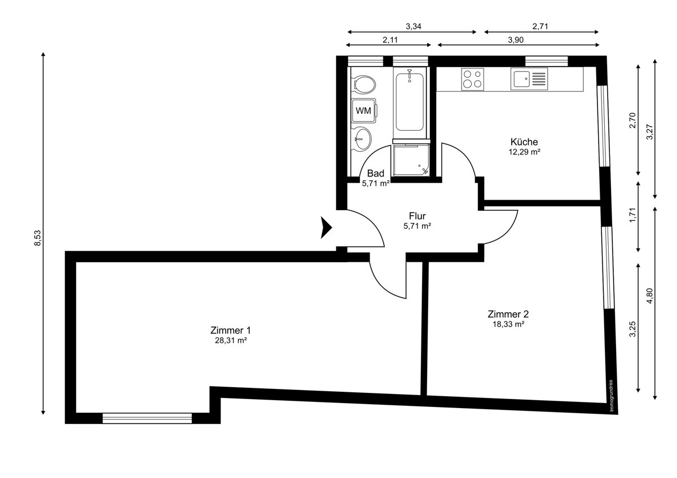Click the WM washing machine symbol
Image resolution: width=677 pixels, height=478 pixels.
coord(363,110)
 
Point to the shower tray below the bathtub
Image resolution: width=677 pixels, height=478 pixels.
coord(411,160)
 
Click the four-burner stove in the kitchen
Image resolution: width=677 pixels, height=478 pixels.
coord(472,78)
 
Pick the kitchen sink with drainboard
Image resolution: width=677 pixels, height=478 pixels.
coord(529,78)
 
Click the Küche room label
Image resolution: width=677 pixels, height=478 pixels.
coord(524,142)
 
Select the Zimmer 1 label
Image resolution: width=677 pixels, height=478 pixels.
coord(230,330)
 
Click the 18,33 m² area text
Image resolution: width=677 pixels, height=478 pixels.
coord(508,324)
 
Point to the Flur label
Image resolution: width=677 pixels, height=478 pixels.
coord(417,216)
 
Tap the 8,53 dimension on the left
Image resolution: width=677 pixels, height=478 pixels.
coord(37,237)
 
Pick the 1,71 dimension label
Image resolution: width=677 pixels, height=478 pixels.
coord(633,216)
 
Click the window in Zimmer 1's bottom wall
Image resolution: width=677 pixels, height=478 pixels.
coord(147,418)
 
